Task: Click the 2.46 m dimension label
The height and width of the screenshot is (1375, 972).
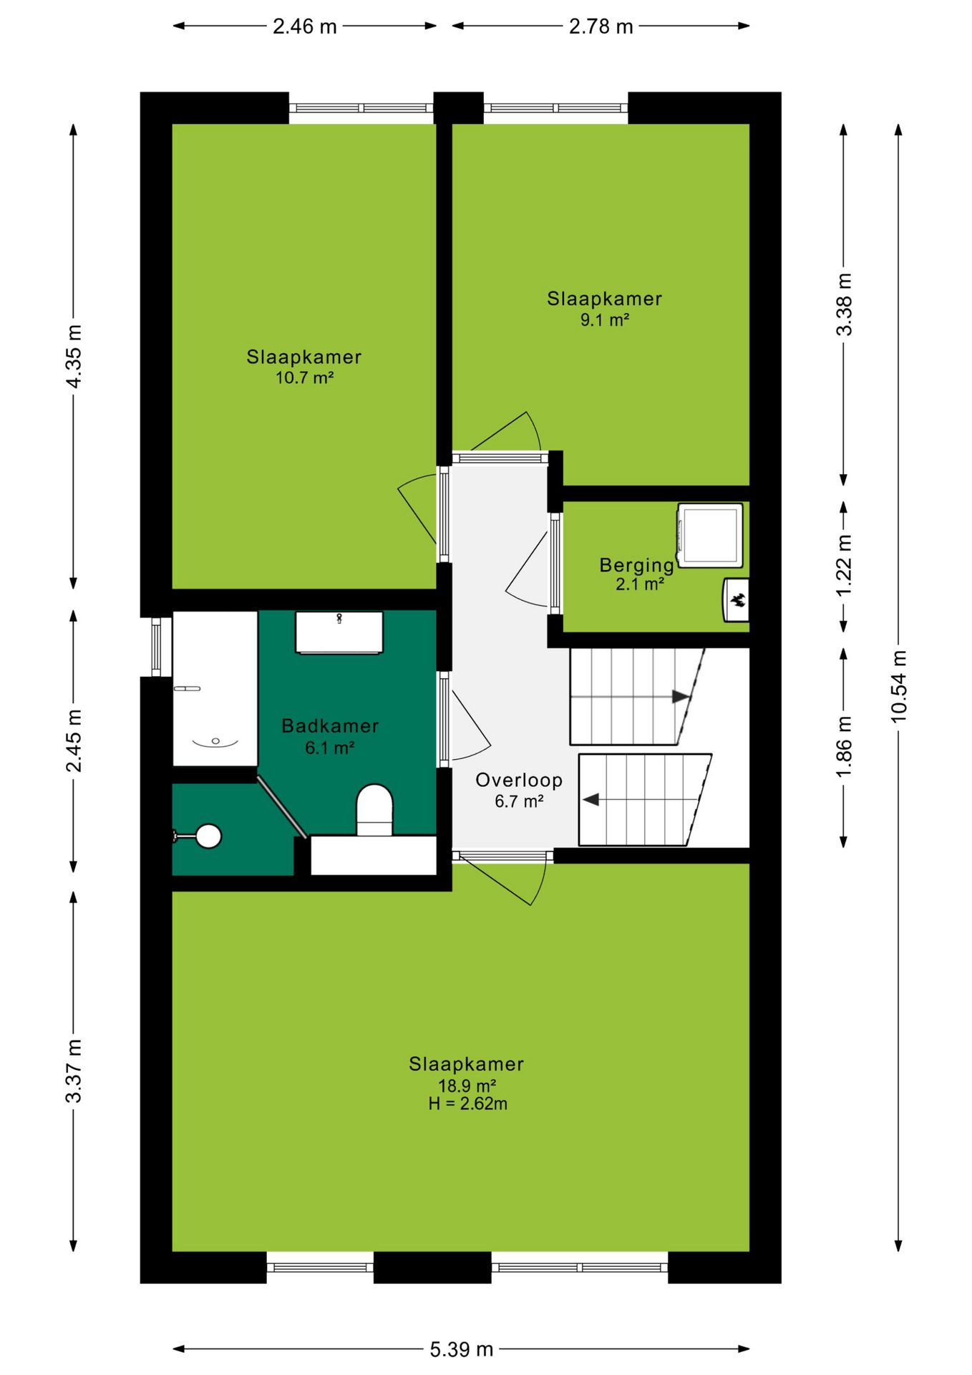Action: [304, 26]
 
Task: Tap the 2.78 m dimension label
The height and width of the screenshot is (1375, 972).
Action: [601, 26]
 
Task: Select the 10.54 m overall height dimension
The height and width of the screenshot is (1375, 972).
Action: [898, 685]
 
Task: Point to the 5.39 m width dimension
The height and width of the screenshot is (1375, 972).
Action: [462, 1349]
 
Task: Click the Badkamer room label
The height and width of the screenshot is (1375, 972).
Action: [330, 725]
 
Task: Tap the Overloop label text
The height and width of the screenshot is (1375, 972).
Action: [519, 780]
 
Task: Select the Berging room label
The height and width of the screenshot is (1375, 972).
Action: [637, 565]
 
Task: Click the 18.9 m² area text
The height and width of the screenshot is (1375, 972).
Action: [467, 1086]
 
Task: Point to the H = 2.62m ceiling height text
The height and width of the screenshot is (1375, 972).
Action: [468, 1104]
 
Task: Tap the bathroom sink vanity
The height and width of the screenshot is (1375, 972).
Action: [339, 632]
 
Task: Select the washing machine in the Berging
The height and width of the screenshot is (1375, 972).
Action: [710, 535]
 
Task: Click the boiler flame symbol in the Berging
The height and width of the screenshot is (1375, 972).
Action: [737, 600]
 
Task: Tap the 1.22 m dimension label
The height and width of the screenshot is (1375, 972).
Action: [845, 565]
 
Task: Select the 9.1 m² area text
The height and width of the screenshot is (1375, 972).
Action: [605, 320]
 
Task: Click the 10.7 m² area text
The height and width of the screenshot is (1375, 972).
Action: [305, 377]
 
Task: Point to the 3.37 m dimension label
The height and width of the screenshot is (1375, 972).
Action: [74, 1071]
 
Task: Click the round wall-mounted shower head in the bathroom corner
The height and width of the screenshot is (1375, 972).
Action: [208, 836]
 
